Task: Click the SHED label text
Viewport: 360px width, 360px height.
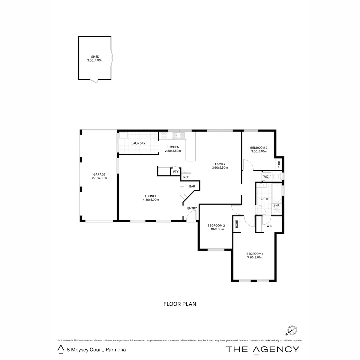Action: [x=95, y=57]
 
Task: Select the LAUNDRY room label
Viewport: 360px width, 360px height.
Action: [x=138, y=143]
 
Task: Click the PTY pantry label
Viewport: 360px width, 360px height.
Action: [x=176, y=172]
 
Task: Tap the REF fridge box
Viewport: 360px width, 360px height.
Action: [x=186, y=177]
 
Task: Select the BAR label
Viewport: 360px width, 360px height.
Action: [x=192, y=187]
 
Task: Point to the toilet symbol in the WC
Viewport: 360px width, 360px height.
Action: [x=276, y=176]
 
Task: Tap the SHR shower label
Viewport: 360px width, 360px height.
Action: [x=277, y=206]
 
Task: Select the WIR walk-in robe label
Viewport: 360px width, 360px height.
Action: [x=269, y=226]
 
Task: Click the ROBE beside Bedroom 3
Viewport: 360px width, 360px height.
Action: [x=279, y=164]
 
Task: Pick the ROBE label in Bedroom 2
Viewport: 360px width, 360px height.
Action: [x=236, y=224]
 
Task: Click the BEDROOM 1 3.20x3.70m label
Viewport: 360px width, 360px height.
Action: [x=255, y=255]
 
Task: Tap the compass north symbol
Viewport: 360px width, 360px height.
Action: [x=292, y=331]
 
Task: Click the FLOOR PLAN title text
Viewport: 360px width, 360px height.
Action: [x=180, y=304]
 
